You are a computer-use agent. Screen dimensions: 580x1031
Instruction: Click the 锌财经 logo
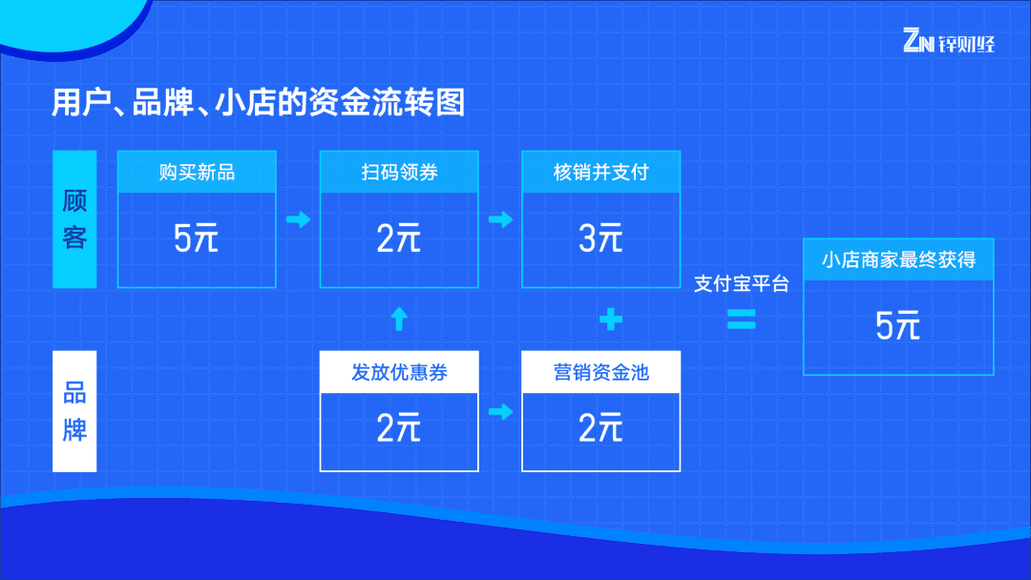948,42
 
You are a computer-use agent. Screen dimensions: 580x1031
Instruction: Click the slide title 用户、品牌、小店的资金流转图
258,103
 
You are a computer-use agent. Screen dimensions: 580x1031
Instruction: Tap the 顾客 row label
74,219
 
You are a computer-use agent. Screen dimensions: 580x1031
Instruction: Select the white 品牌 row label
74,412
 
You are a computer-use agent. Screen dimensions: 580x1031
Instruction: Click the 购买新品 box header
197,173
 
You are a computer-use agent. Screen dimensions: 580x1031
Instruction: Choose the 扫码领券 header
399,173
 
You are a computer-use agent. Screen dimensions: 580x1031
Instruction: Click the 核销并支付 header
600,173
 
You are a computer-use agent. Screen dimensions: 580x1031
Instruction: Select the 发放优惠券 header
399,372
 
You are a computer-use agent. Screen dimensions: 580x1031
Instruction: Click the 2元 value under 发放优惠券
399,428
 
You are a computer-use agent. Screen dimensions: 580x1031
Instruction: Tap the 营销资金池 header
600,372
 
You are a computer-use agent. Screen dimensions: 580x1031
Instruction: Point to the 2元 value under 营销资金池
600,428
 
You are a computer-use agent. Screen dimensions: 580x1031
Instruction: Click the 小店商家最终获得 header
898,259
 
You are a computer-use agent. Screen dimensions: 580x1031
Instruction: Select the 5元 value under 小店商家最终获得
898,326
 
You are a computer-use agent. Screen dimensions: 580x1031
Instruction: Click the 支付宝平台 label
741,283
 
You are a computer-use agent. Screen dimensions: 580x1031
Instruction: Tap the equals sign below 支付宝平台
741,320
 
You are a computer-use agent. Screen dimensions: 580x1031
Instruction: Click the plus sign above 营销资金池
611,320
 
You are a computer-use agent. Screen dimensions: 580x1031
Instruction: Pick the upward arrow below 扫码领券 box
399,320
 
